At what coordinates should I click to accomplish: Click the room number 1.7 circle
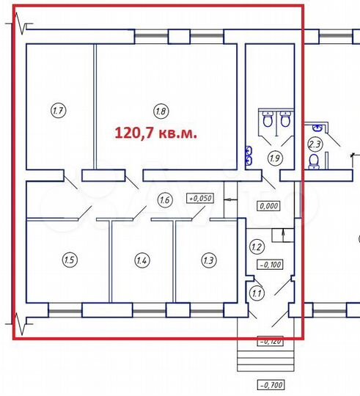coord(58,111)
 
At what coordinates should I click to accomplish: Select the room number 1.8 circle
coord(161,111)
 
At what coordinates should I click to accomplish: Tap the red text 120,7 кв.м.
coord(154,133)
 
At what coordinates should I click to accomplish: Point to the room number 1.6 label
coord(165,199)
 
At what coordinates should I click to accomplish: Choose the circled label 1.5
coord(70,259)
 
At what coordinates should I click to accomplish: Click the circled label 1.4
coord(142,260)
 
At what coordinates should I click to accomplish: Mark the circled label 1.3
coord(208,259)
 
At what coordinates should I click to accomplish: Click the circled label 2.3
coord(315,143)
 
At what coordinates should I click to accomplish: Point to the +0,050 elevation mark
coord(199,198)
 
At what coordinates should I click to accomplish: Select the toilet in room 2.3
coord(315,160)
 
